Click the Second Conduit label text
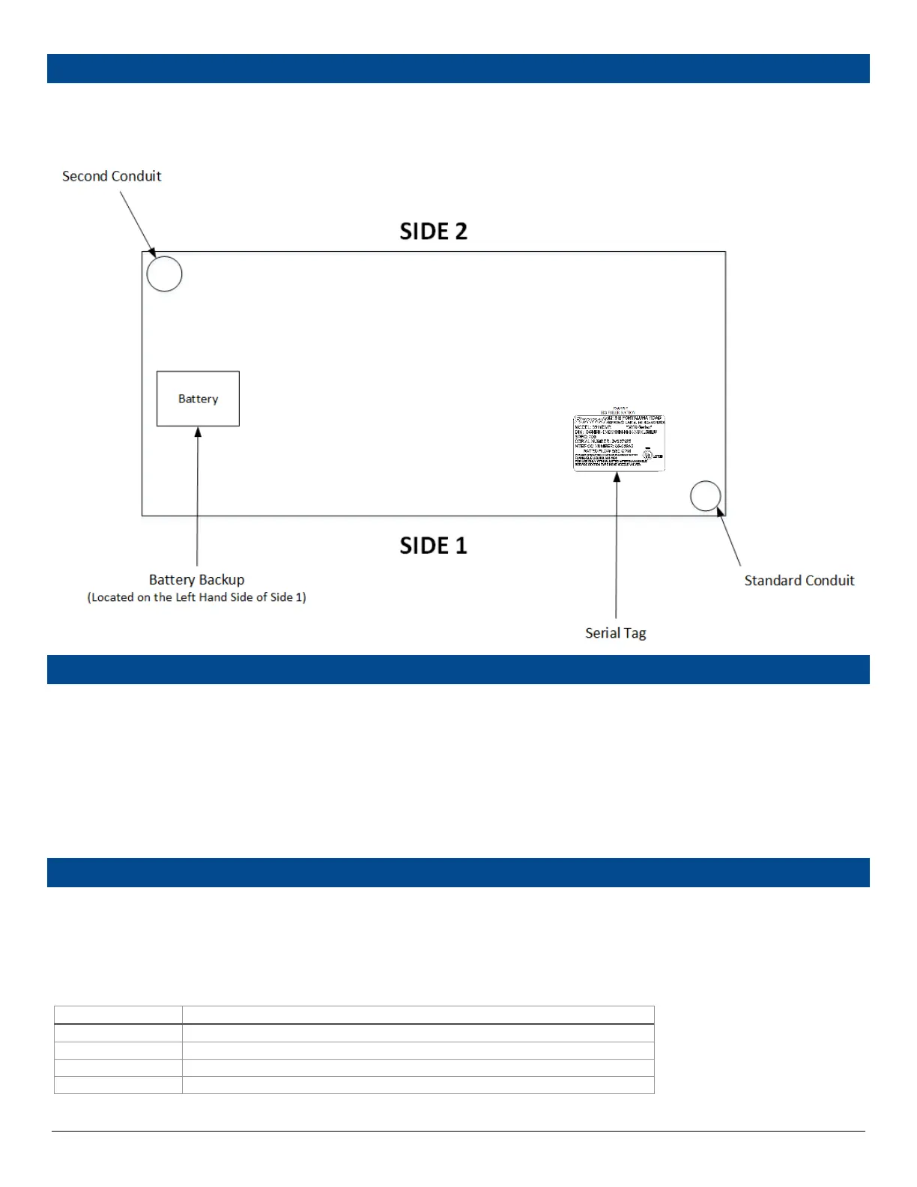tap(112, 176)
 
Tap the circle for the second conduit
tap(164, 274)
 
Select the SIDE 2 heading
tap(433, 231)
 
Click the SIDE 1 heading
tap(433, 546)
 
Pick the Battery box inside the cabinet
tap(198, 399)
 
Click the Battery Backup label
tap(196, 579)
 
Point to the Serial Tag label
tap(615, 633)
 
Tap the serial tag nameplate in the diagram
tap(619, 442)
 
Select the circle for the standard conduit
tap(705, 495)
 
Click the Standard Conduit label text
tap(799, 581)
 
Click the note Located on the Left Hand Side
tap(196, 597)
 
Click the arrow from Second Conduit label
tap(138, 223)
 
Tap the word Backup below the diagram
tap(221, 579)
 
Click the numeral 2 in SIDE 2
tap(461, 231)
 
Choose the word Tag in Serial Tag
tap(635, 633)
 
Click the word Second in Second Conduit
tap(85, 176)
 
